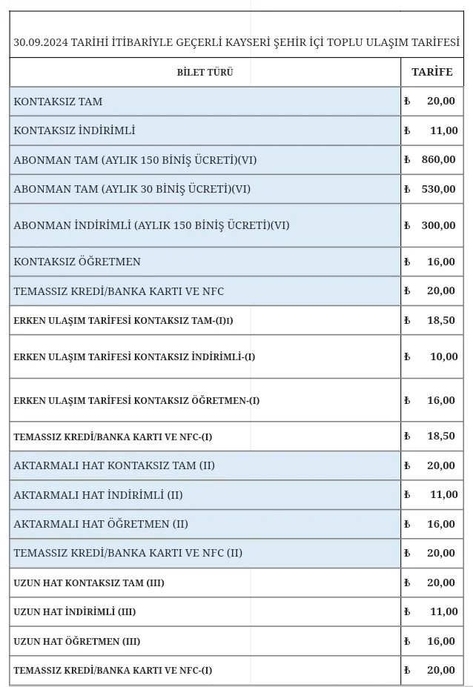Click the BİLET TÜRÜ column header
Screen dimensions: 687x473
pos(205,73)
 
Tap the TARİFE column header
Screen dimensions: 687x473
pos(431,72)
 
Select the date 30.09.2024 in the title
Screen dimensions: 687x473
pos(41,42)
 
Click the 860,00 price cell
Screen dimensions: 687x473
pos(439,159)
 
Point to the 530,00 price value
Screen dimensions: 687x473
pos(439,189)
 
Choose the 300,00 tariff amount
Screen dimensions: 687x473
pos(439,225)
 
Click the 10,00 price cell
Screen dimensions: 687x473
pos(443,356)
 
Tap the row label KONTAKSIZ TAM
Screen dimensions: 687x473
pos(58,102)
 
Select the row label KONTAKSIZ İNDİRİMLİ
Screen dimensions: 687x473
pos(74,130)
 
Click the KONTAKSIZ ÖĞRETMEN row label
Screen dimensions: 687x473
pos(77,262)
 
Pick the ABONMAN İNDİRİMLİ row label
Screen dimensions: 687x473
pos(151,225)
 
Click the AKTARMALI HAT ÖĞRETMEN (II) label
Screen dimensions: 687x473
pos(101,524)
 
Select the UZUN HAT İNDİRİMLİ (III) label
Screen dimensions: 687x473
pos(75,612)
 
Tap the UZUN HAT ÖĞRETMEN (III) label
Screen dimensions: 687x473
pos(77,641)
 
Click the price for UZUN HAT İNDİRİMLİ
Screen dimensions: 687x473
pos(443,611)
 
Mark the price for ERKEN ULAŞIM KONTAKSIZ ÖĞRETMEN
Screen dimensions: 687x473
pos(441,400)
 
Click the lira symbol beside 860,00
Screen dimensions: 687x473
pos(407,160)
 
